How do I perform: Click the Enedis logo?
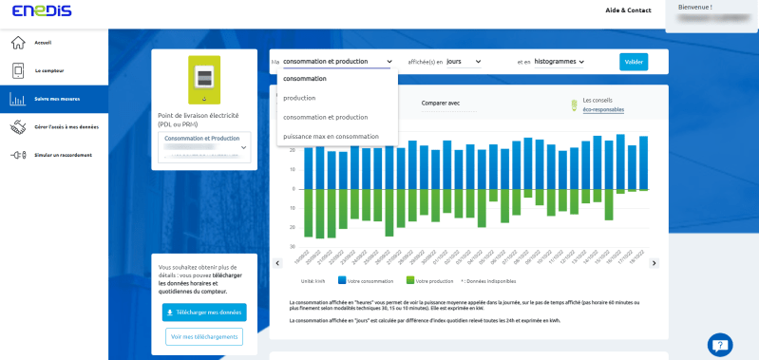click(28, 10)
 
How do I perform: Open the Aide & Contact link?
click(628, 10)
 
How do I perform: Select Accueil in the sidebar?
click(43, 43)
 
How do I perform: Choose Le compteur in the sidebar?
click(49, 70)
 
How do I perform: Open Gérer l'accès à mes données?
click(66, 126)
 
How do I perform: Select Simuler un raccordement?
click(63, 155)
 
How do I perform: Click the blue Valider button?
click(634, 62)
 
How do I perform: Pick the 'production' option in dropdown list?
click(299, 98)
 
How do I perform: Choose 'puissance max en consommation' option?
click(331, 136)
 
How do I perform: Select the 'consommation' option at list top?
click(304, 79)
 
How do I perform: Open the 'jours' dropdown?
click(464, 62)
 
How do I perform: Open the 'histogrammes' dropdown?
click(559, 62)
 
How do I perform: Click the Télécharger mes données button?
click(204, 312)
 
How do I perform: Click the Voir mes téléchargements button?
click(204, 336)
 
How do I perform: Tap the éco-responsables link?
click(603, 109)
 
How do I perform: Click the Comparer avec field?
click(446, 104)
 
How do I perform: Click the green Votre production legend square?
click(409, 280)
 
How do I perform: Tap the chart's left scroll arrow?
click(277, 263)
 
